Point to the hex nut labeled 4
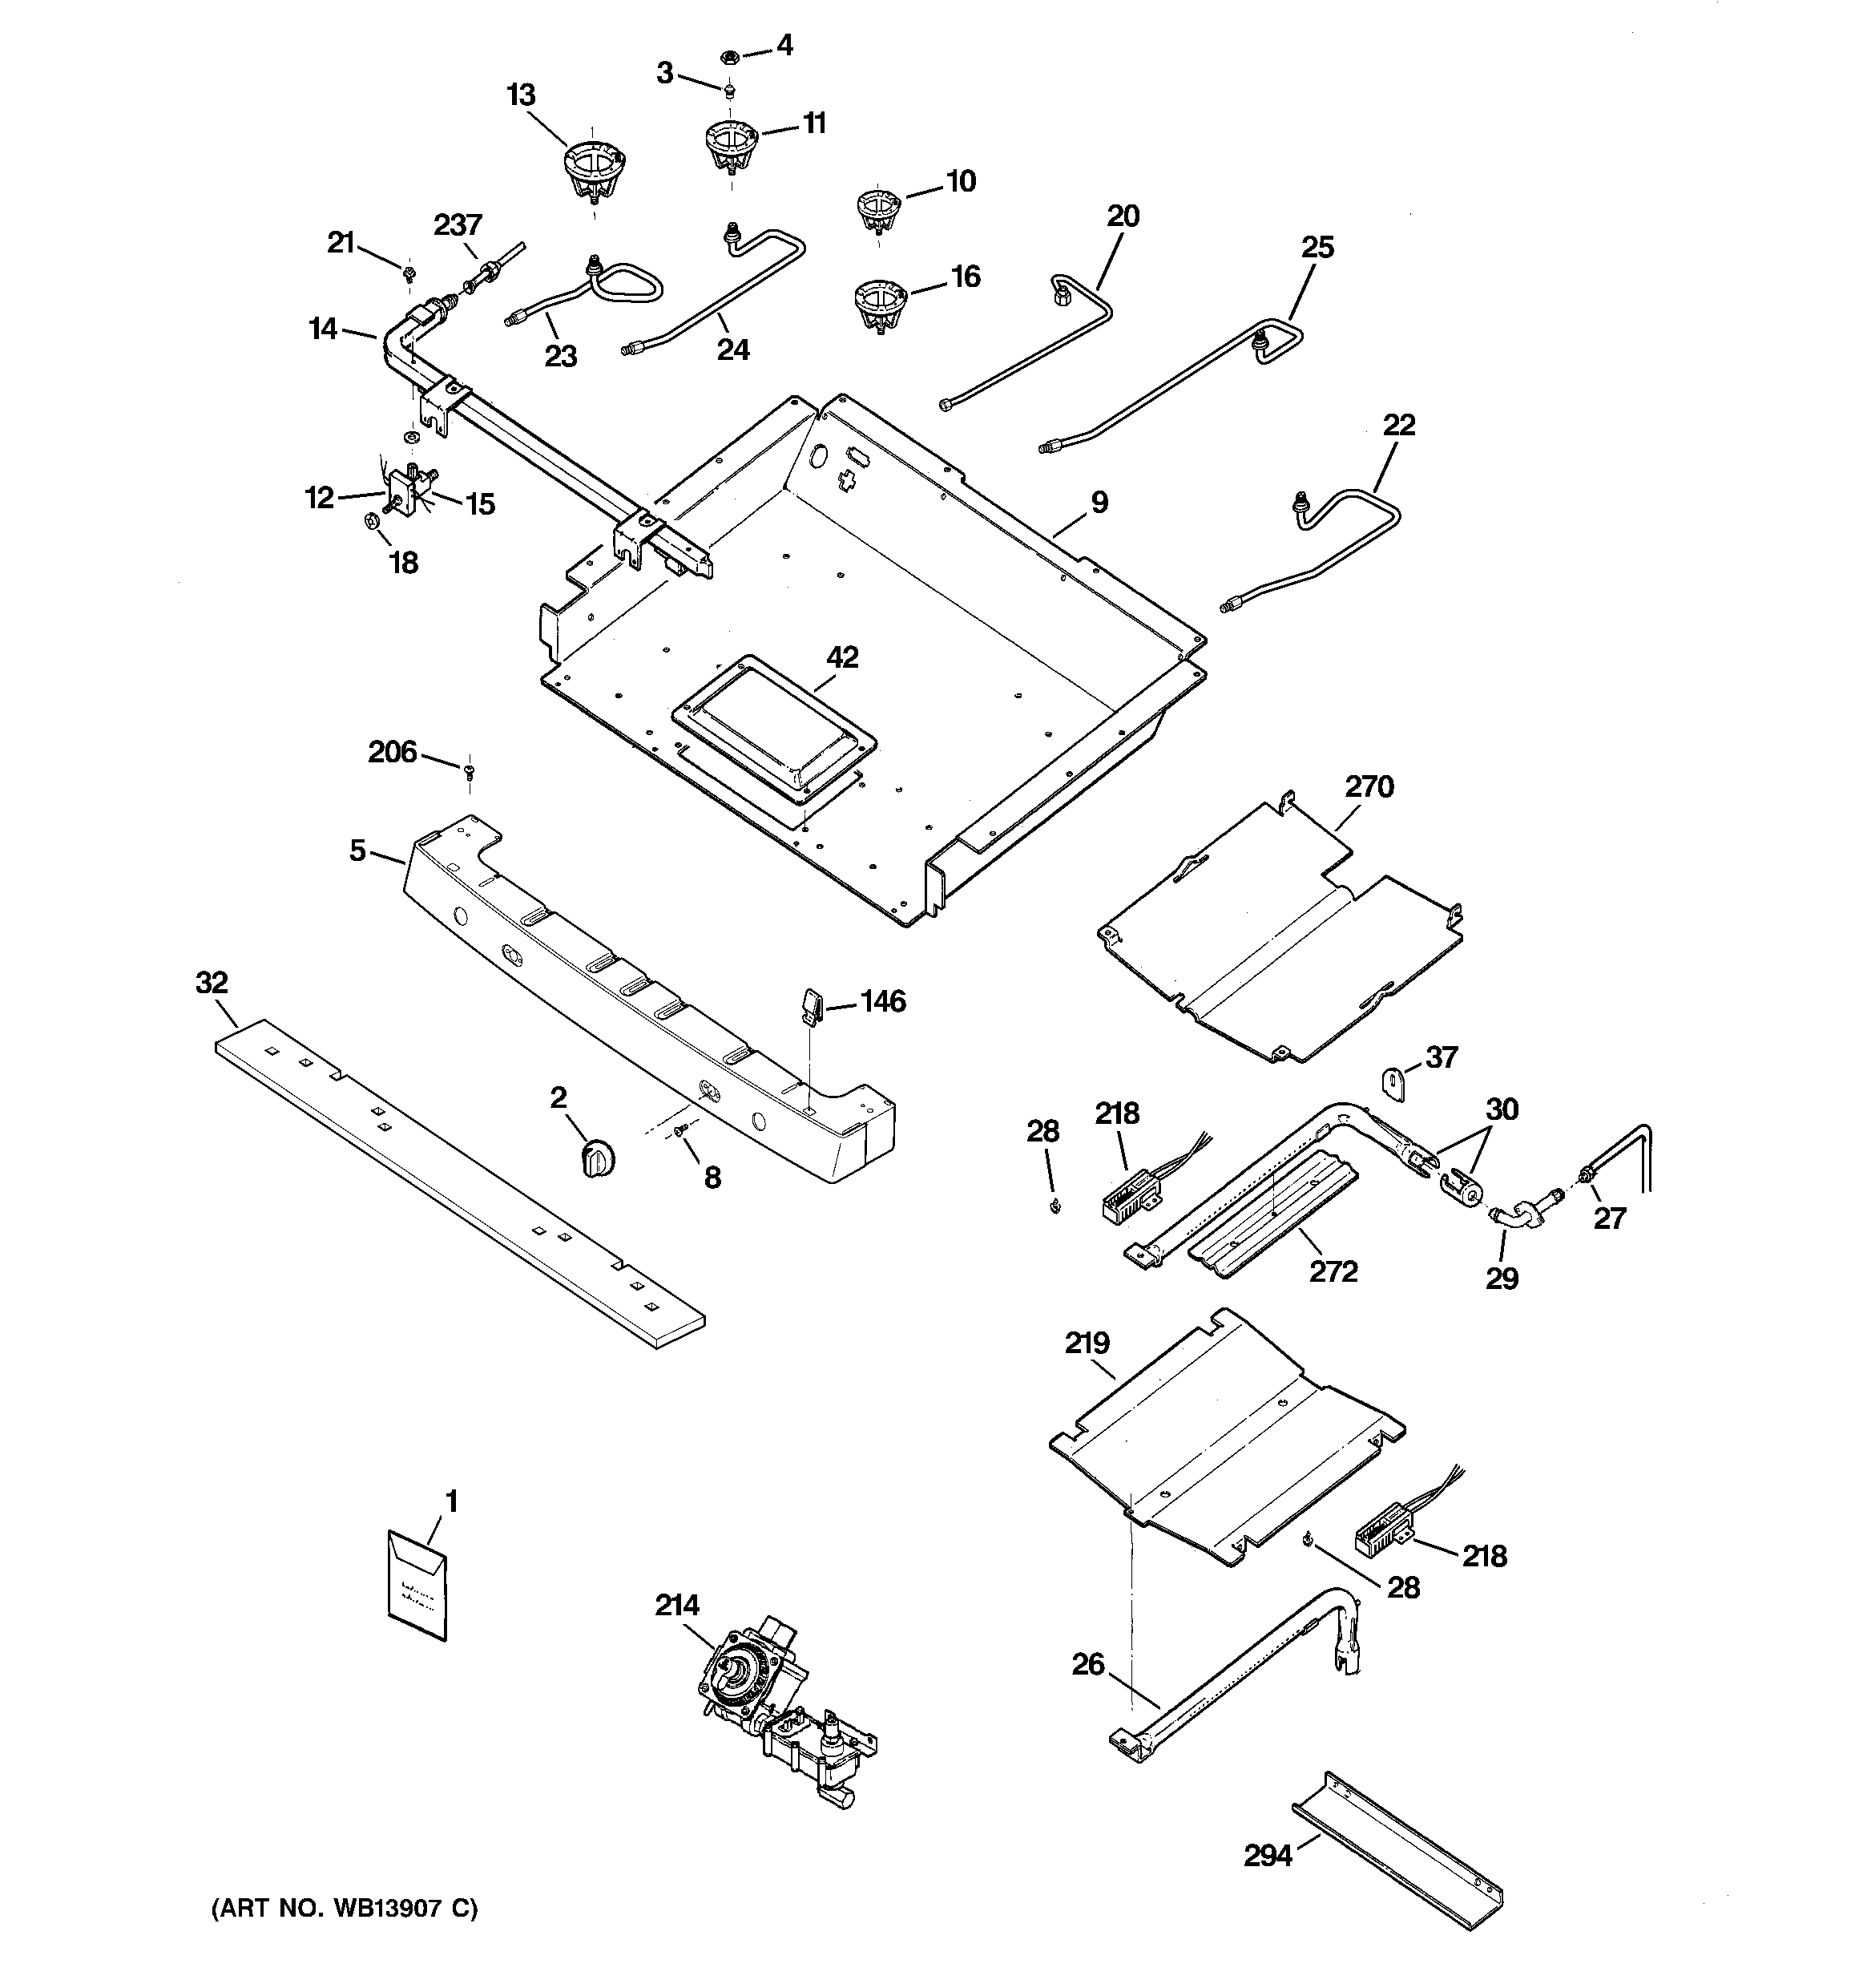728,57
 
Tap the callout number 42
842,657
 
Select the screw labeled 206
469,770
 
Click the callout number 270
1369,786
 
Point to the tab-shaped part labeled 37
1394,1082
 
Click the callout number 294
1268,1855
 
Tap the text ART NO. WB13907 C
345,1908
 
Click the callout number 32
212,983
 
